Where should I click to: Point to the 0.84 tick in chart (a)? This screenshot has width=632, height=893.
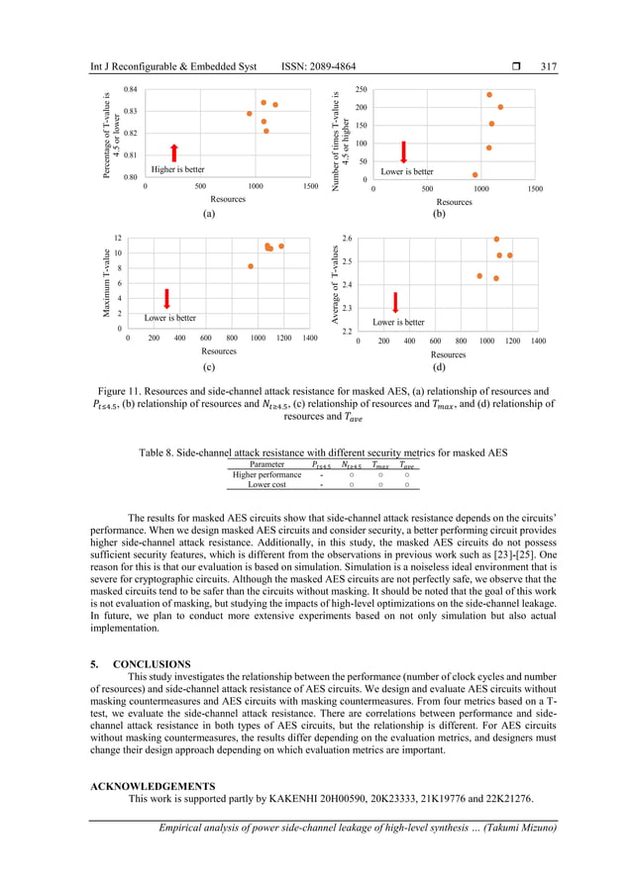click(131, 90)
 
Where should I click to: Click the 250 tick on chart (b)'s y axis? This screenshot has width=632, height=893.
click(362, 89)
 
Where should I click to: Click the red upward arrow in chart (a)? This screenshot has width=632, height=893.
click(173, 151)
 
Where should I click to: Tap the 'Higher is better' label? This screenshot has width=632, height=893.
click(177, 170)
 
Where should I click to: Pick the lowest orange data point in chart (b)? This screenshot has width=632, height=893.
click(475, 175)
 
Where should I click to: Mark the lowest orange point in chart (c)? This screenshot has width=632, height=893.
click(252, 266)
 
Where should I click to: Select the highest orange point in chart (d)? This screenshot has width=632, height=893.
click(496, 240)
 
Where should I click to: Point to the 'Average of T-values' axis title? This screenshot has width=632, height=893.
click(336, 287)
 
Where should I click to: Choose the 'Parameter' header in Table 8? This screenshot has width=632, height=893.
click(266, 463)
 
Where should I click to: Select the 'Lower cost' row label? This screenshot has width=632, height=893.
click(266, 484)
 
